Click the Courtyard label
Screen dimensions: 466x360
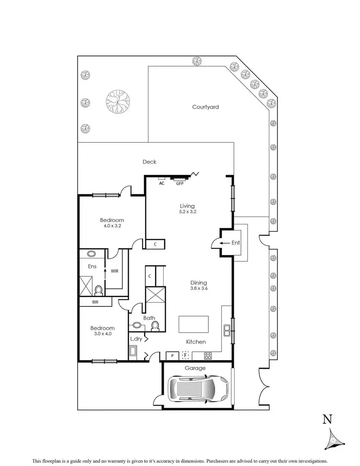[x=205, y=107]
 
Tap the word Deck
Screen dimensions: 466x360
[x=149, y=162]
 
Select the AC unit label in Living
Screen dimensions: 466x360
[x=162, y=183]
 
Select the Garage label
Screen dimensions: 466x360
[x=196, y=368]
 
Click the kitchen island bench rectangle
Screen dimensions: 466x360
[x=193, y=324]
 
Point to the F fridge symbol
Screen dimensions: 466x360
[x=186, y=356]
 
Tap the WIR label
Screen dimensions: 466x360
[x=115, y=271]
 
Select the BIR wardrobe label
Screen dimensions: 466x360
[x=95, y=302]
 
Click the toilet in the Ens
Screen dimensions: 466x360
[x=98, y=290]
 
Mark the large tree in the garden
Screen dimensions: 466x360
[x=117, y=102]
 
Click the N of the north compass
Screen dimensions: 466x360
[x=327, y=419]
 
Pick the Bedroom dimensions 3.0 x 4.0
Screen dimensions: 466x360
[x=102, y=333]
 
